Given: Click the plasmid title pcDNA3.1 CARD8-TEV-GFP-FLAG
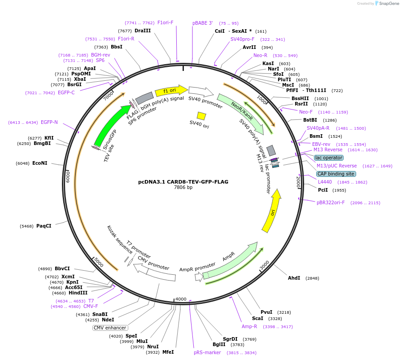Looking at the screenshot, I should (x=183, y=182).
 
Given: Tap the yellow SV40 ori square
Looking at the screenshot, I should (x=201, y=116).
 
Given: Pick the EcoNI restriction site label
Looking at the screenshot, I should (x=39, y=163).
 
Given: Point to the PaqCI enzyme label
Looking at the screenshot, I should (x=44, y=226).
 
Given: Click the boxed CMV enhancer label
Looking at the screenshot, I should (x=110, y=328).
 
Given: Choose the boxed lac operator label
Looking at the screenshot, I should (x=329, y=158).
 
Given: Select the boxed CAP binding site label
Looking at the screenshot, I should (x=336, y=174).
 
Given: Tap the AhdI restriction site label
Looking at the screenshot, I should (x=294, y=278).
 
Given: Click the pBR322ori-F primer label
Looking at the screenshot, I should (x=331, y=202).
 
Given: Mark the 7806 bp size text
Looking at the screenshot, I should (x=183, y=188).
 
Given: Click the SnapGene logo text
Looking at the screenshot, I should (x=388, y=4).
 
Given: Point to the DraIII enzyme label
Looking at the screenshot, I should (x=143, y=31).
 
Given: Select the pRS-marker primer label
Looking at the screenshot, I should (x=207, y=352).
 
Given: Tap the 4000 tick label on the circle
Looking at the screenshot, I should (x=181, y=299).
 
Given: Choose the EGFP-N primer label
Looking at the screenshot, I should (x=49, y=122).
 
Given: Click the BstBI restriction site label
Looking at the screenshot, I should (x=310, y=120).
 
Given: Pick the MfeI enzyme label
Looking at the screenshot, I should (x=168, y=352).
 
